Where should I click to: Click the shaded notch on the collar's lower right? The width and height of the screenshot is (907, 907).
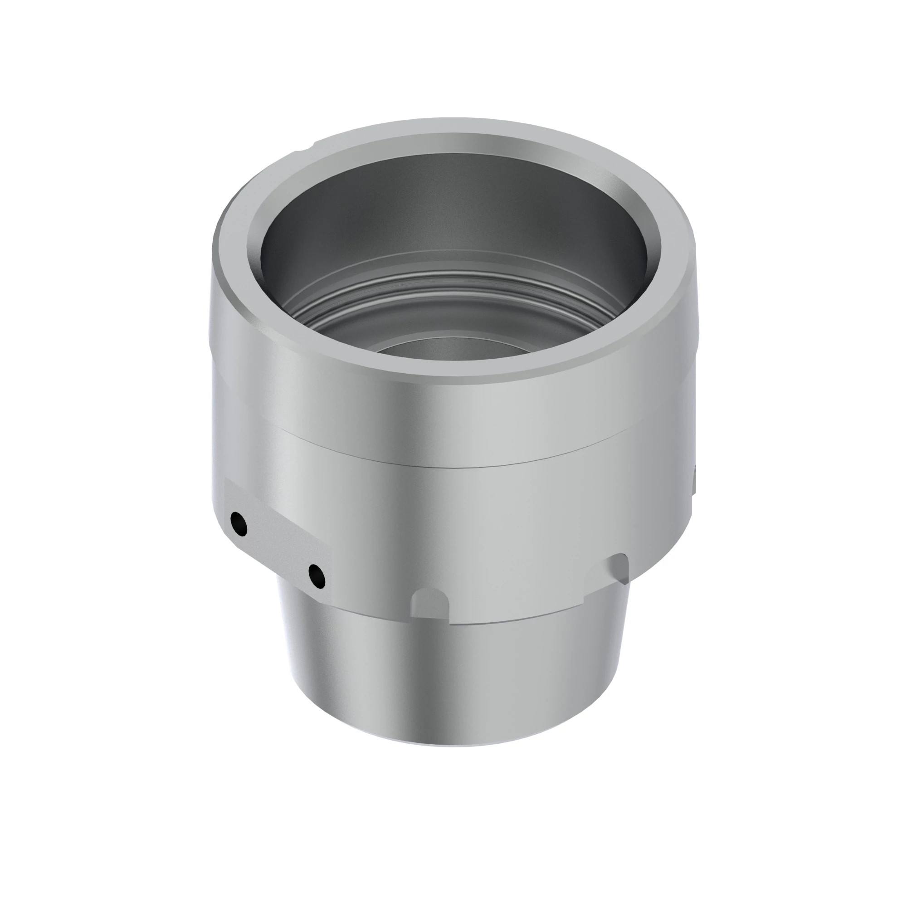tap(618, 569)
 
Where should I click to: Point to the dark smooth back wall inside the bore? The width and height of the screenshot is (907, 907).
tap(451, 206)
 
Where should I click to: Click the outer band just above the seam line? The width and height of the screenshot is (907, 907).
tap(451, 418)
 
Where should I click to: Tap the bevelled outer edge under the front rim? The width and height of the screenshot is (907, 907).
tap(451, 378)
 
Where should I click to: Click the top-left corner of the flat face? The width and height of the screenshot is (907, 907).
tap(227, 480)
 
